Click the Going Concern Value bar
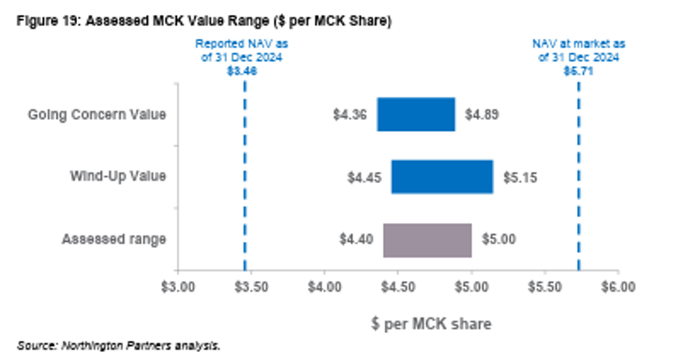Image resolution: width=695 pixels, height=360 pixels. (x=416, y=114)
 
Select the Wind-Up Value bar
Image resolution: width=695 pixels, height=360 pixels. (x=442, y=177)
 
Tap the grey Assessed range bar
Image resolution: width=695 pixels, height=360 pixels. (x=428, y=240)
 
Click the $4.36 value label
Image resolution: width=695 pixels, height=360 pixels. (x=350, y=114)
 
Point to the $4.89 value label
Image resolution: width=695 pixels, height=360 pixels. (x=482, y=114)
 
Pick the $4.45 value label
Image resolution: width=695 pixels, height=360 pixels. (x=364, y=177)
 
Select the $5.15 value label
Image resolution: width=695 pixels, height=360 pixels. (x=520, y=177)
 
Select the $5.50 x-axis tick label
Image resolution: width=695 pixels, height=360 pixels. (x=545, y=286)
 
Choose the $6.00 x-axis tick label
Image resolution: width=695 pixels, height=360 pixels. (x=619, y=286)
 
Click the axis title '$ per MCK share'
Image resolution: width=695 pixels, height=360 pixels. (x=430, y=324)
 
